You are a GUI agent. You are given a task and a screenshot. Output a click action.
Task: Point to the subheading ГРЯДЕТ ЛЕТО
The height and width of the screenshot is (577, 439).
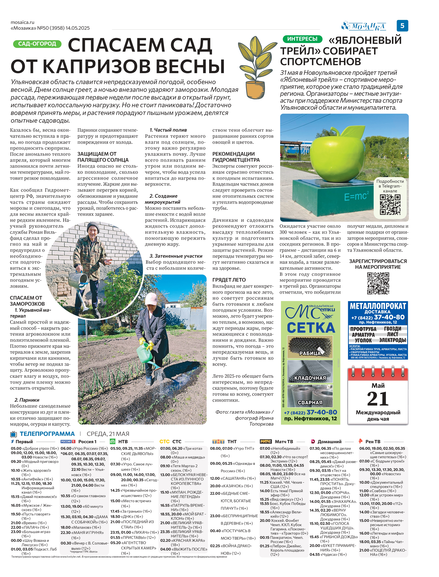tap(229, 280)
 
